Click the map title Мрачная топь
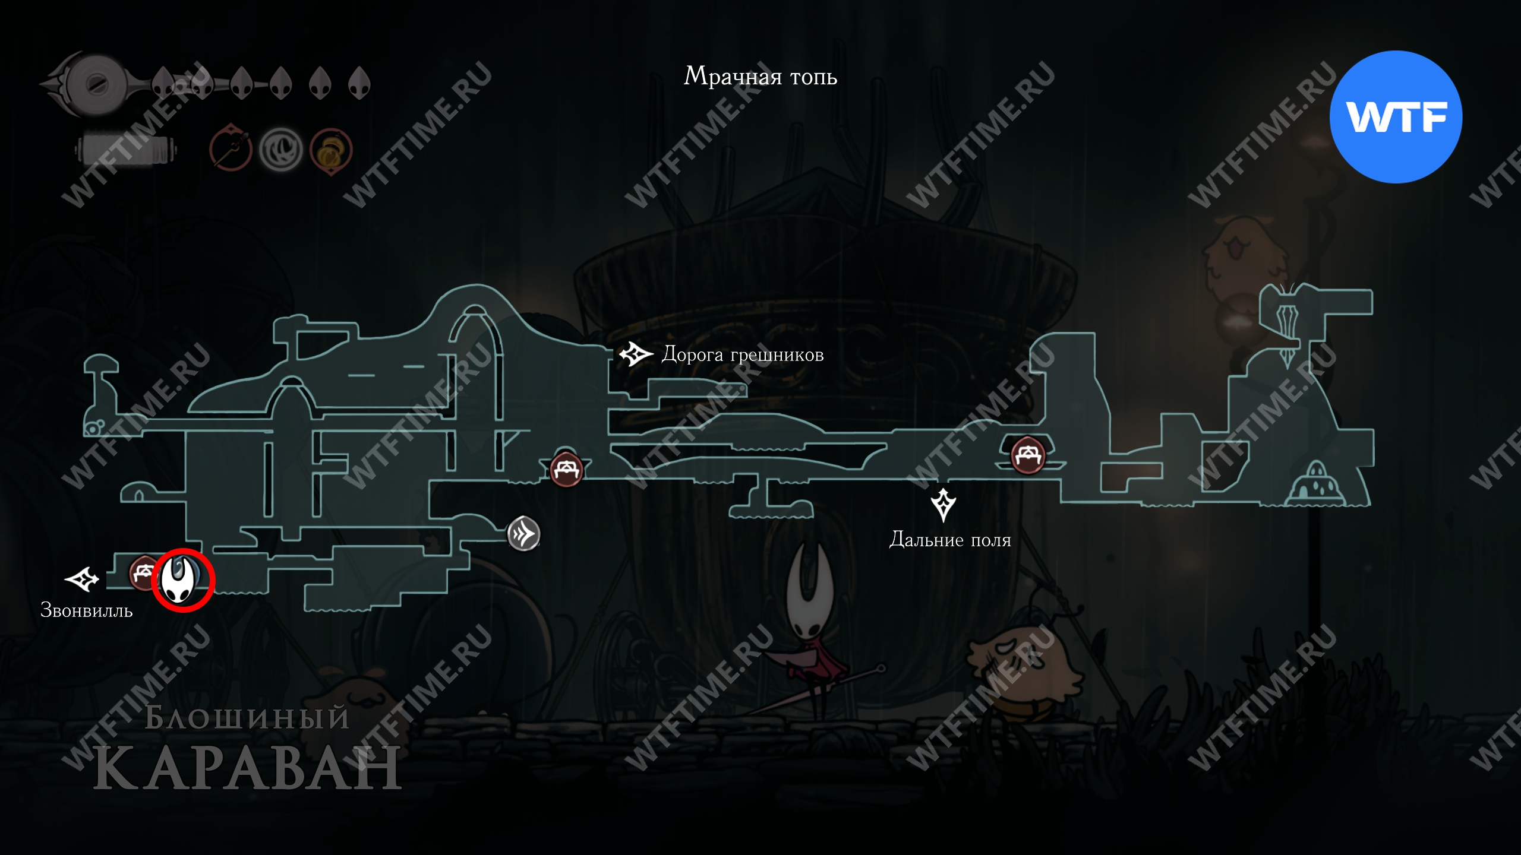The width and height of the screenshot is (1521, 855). [x=760, y=77]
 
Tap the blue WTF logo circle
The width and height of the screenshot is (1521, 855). [x=1396, y=117]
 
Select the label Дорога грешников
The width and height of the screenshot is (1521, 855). [x=742, y=354]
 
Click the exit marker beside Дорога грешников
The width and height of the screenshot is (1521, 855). [x=635, y=354]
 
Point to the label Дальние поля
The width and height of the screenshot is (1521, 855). [x=949, y=540]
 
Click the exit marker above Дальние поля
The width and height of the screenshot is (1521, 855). [x=943, y=505]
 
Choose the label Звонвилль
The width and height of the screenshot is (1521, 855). [x=86, y=610]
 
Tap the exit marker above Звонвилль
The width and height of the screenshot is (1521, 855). [x=81, y=579]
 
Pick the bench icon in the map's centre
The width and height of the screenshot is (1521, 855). [x=566, y=470]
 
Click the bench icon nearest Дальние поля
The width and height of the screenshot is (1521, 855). [x=1028, y=455]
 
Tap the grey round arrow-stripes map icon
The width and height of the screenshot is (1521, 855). [x=523, y=534]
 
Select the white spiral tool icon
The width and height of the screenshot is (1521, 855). [x=280, y=150]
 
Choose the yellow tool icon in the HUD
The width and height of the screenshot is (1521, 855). [x=330, y=151]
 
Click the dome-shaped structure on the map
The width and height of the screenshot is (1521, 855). [x=1315, y=484]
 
